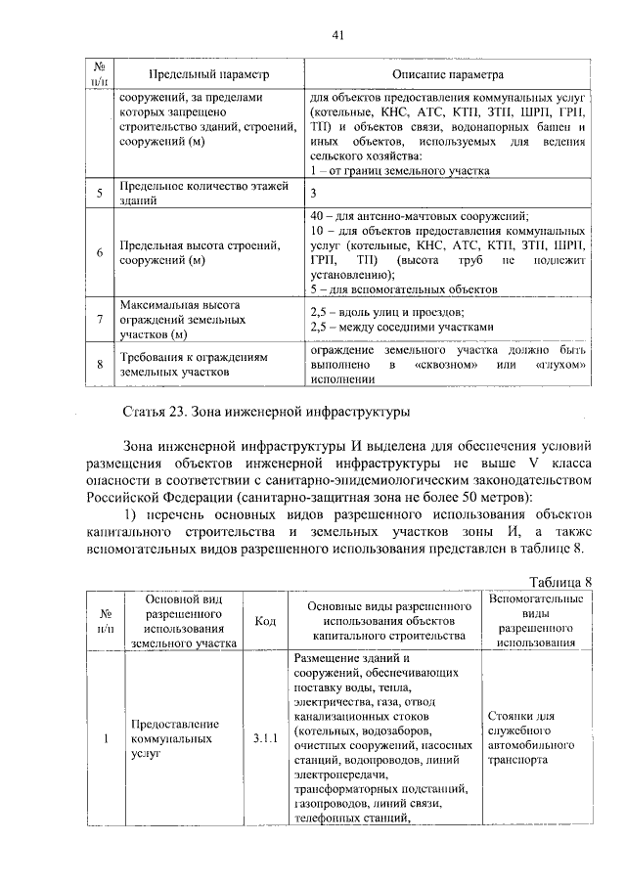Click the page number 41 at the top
coord(338,35)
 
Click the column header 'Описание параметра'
coord(448,74)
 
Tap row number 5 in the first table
coord(100,193)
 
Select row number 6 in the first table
coord(100,253)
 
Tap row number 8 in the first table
coord(100,365)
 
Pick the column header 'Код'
coord(265,621)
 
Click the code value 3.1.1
coord(265,739)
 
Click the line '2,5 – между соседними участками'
coord(407,327)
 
